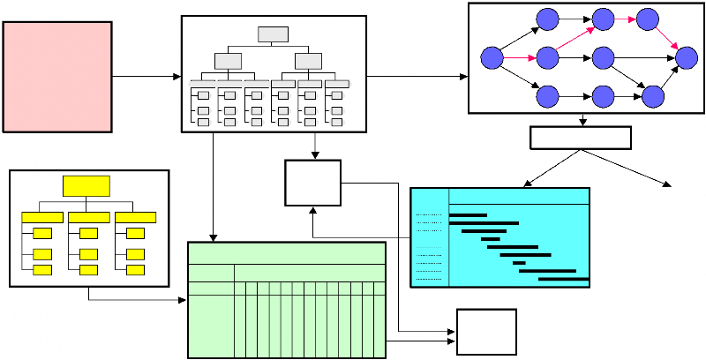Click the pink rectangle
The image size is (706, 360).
(57, 77)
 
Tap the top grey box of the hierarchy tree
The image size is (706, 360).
(274, 35)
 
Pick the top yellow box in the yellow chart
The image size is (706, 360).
(86, 185)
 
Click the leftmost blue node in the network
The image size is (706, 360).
(492, 58)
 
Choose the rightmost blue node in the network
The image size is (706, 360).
(687, 58)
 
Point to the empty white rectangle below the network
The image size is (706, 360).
(581, 138)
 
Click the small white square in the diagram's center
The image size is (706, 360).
(313, 183)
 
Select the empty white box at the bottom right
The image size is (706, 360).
(486, 332)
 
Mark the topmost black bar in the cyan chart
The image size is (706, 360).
(468, 214)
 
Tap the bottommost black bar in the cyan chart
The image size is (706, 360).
(563, 280)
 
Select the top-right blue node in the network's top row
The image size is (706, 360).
(649, 19)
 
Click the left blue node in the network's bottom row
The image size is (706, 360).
(547, 95)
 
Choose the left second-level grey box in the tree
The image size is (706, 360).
(228, 61)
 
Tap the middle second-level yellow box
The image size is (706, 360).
(88, 217)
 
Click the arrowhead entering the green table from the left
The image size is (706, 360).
(184, 301)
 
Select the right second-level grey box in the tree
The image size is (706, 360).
(308, 61)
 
